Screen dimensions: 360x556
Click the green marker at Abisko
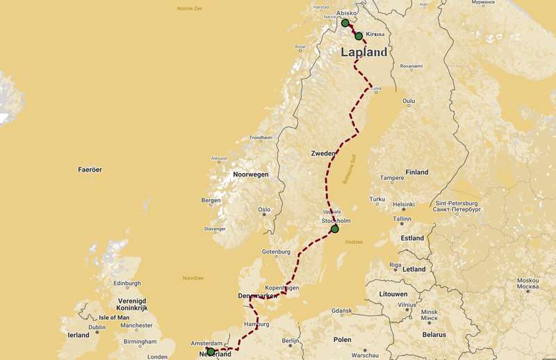(x=345, y=23)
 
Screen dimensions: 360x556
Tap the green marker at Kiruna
(x=359, y=35)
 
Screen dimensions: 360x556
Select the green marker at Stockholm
(x=334, y=229)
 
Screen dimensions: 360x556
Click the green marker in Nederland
(x=211, y=352)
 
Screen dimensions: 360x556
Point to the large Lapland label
(x=363, y=53)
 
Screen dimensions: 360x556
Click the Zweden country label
(x=324, y=153)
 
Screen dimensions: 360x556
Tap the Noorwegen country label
(x=250, y=174)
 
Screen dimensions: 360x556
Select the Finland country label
(x=417, y=172)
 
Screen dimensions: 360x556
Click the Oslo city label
(x=264, y=209)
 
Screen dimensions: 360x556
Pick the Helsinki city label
(x=403, y=204)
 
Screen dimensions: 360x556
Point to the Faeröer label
(x=90, y=170)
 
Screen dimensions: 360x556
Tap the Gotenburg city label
(x=275, y=252)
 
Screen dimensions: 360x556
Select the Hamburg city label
(x=256, y=325)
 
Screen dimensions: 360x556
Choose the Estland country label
(x=412, y=238)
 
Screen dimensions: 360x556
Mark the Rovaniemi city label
(x=411, y=67)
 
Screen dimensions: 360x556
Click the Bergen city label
(x=211, y=200)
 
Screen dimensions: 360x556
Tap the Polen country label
(x=342, y=340)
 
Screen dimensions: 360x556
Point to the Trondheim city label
(x=261, y=138)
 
